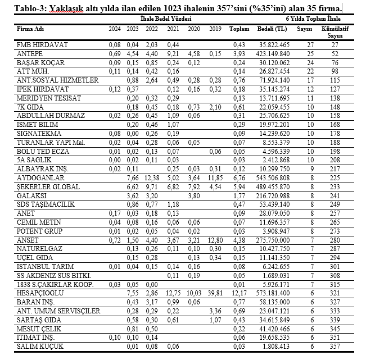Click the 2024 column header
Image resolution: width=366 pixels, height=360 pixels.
coord(115,29)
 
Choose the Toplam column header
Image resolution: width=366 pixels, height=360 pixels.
coord(239,29)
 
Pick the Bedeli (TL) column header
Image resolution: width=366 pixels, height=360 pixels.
coord(272,29)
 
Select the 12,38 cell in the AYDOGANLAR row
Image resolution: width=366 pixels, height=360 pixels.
coord(152,177)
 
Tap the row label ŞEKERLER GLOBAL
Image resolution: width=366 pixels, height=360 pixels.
coord(44,186)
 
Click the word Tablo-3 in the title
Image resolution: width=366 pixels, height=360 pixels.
coord(25,8)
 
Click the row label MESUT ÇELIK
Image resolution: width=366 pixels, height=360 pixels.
coord(39,329)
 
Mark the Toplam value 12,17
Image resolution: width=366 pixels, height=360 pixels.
coord(240,293)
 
